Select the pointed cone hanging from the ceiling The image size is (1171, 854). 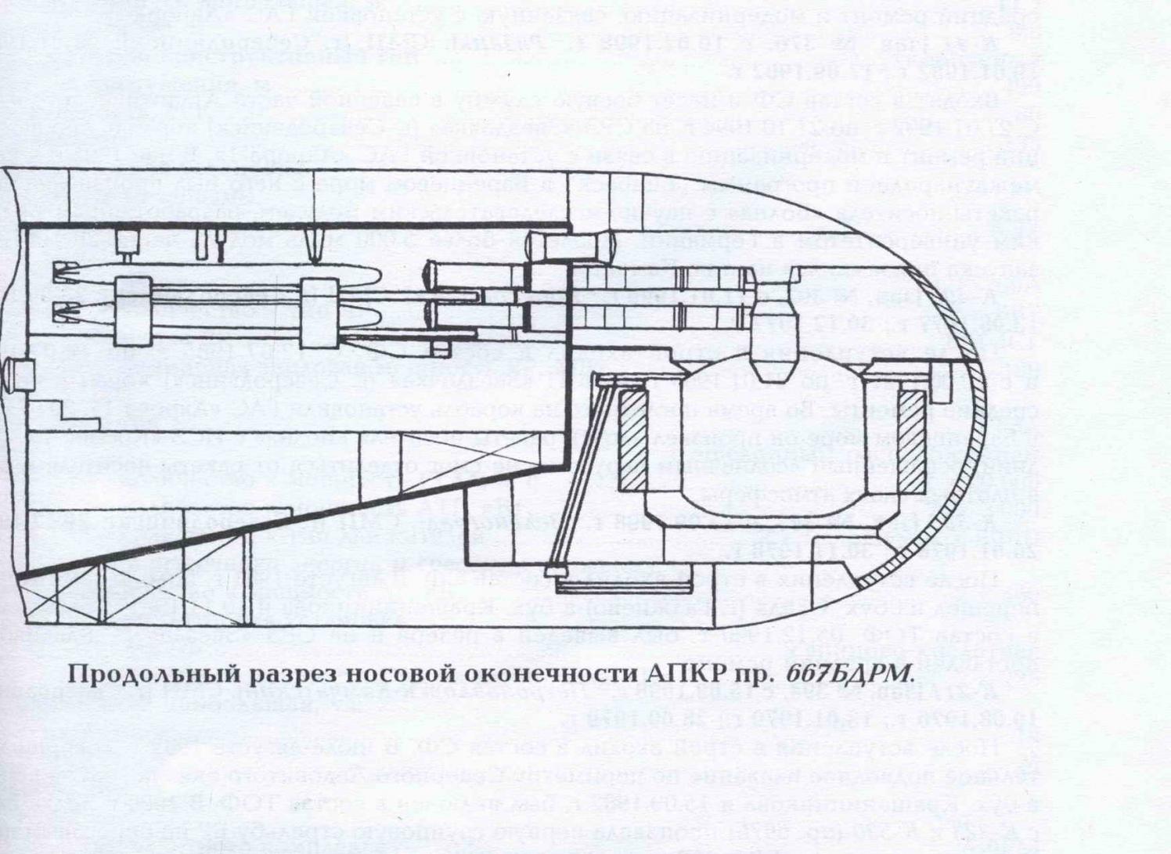tap(315, 247)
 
